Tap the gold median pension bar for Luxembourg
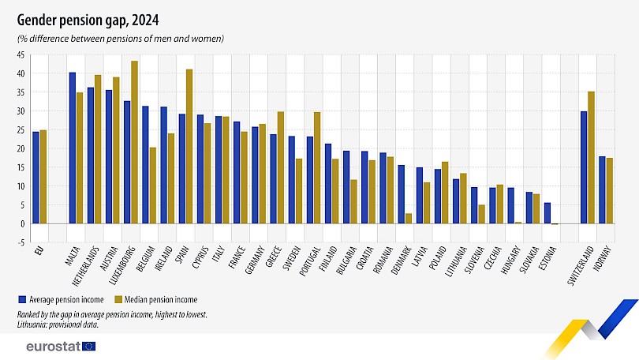pyautogui.click(x=134, y=142)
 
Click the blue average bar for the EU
pyautogui.click(x=35, y=178)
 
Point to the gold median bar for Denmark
pyautogui.click(x=408, y=219)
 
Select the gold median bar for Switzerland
pyautogui.click(x=591, y=157)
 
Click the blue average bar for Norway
pyautogui.click(x=602, y=189)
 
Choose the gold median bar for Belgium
pyautogui.click(x=152, y=186)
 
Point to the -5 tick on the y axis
pyautogui.click(x=21, y=242)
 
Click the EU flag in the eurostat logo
pyautogui.click(x=88, y=346)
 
